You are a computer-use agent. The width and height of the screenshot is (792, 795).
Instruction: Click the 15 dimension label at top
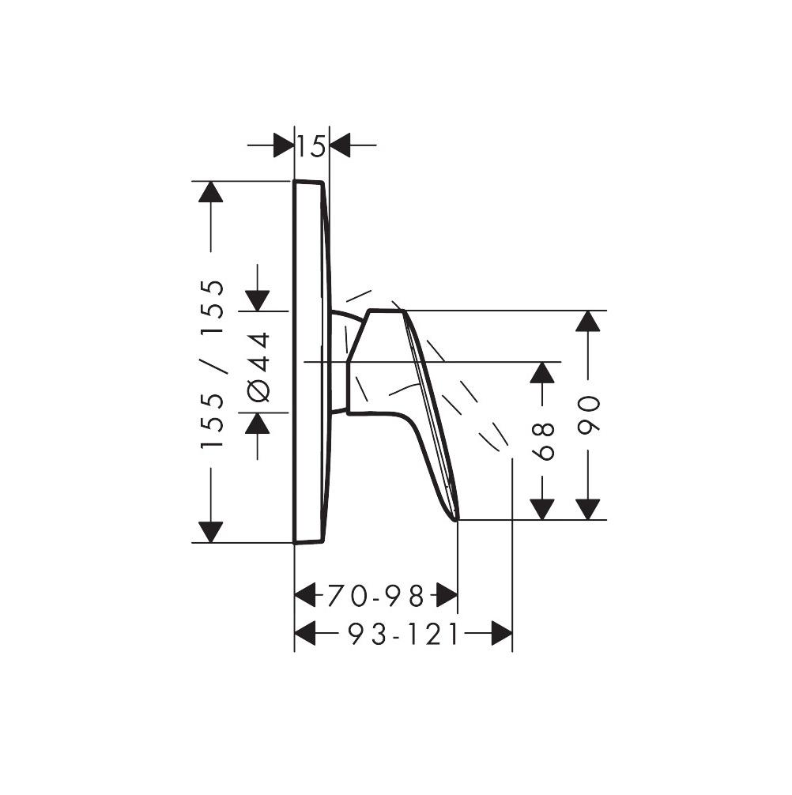pyautogui.click(x=311, y=146)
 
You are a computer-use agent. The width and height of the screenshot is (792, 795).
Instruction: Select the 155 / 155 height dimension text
pyautogui.click(x=213, y=364)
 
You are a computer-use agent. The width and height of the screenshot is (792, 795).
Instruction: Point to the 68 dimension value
pyautogui.click(x=543, y=441)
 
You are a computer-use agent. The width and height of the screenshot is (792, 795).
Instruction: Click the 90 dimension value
pyautogui.click(x=589, y=413)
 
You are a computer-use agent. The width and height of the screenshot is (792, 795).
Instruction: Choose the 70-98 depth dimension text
pyautogui.click(x=375, y=595)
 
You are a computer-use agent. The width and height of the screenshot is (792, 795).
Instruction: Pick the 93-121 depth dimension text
pyautogui.click(x=403, y=634)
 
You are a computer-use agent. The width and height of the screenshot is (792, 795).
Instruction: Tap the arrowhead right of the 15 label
pyautogui.click(x=341, y=145)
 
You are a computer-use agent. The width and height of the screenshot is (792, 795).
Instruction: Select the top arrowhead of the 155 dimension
pyautogui.click(x=211, y=192)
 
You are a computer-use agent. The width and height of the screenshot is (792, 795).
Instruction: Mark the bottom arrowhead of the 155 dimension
pyautogui.click(x=211, y=532)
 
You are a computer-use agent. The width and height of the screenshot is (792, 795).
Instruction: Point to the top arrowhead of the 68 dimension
pyautogui.click(x=541, y=372)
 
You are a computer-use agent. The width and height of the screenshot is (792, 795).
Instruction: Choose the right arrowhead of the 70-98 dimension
pyautogui.click(x=447, y=595)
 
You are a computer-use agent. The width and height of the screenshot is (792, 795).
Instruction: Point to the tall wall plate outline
pyautogui.click(x=309, y=362)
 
